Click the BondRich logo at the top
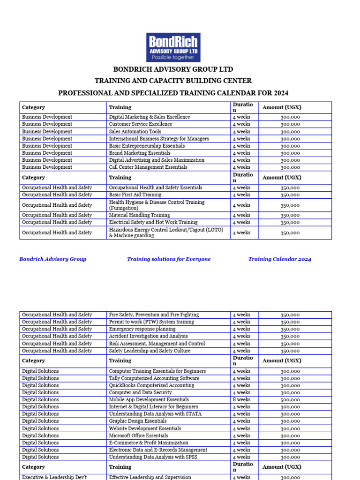tap(173, 47)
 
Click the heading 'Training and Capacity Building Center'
tap(173, 81)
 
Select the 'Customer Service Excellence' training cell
tap(141, 124)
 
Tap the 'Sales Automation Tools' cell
tap(135, 132)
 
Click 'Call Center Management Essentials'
tap(148, 167)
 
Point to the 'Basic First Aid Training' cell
tap(135, 195)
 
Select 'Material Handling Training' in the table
tap(139, 215)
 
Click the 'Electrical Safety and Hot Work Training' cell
tap(153, 222)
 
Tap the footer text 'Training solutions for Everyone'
tap(169, 259)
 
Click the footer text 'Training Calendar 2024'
tap(279, 259)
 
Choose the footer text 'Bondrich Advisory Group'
tap(52, 259)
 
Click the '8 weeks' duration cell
tap(241, 400)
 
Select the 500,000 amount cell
tap(290, 400)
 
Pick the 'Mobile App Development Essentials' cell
tap(149, 400)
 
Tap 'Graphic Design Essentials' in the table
tap(138, 421)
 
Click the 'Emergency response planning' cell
tap(142, 329)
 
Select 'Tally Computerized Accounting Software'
tap(154, 378)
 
